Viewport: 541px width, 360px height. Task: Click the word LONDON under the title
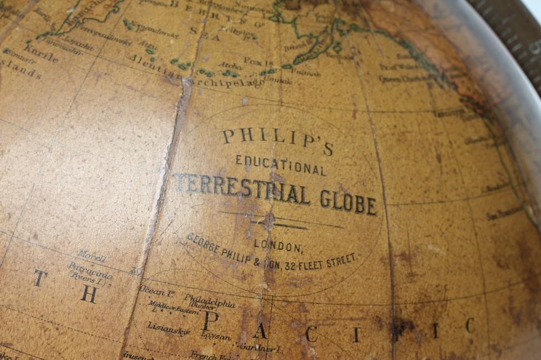[278, 245]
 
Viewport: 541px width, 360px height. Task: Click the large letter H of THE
[89, 295]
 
